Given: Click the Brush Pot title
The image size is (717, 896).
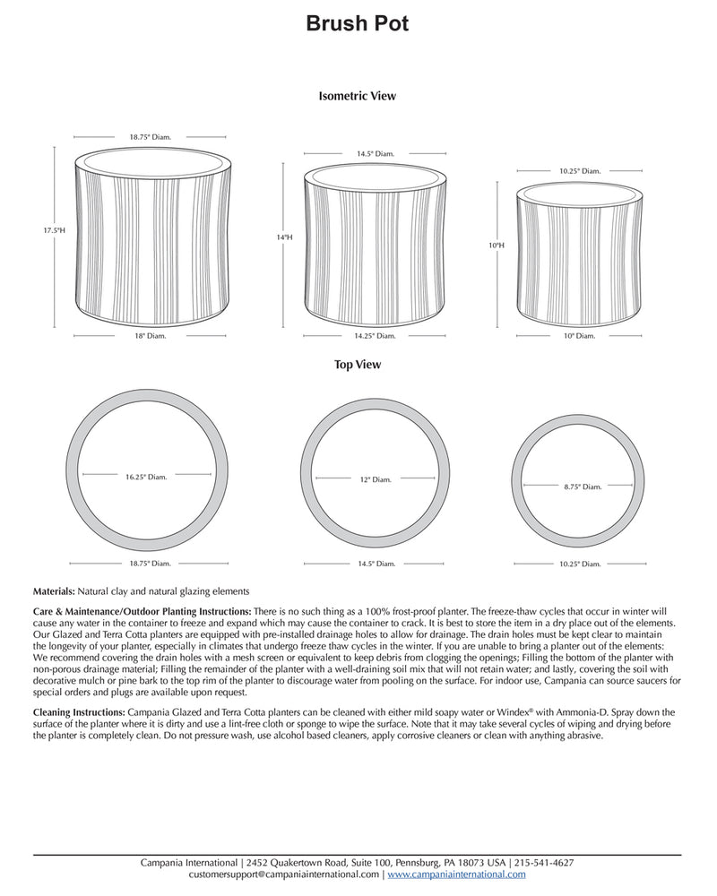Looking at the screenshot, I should pos(358,24).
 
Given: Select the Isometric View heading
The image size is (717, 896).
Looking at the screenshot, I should pos(358,95).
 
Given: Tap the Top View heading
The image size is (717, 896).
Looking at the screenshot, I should pos(358,365).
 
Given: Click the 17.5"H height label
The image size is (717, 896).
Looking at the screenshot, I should pos(55,231).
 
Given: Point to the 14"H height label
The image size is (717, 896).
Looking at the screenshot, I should pos(284,237).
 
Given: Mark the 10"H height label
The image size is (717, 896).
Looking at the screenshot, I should pos(497,244).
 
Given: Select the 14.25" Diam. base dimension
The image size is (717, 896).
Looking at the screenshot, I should pos(375,336).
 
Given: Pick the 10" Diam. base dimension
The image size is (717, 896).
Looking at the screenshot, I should pos(578,336).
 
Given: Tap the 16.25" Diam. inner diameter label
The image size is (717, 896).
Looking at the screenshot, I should pos(146,477).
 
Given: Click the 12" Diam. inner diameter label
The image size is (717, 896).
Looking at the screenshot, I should pos(375,479).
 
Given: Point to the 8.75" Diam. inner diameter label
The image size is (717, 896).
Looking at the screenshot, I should pos(580,486).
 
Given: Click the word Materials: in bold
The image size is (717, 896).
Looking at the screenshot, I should pos(54,592).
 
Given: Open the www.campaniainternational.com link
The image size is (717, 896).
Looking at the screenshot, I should pos(456,874).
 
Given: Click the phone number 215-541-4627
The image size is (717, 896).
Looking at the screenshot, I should pos(545,863).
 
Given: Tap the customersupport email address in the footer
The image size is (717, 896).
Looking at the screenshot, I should pos(284,874).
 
